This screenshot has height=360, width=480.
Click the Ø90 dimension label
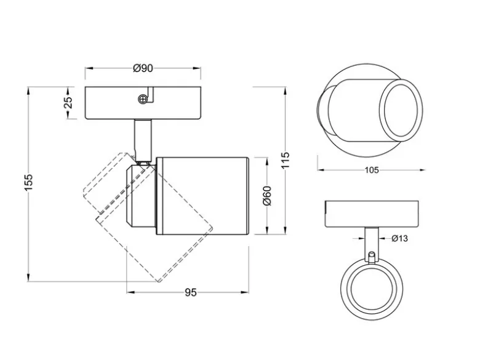pos(143,68)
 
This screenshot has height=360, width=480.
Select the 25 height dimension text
pos(68,103)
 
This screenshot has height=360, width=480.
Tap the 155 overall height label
pos(28,182)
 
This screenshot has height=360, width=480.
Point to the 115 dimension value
pos(286,160)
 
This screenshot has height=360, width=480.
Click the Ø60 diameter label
pos(267,196)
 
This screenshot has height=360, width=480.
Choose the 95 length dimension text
pos(190,293)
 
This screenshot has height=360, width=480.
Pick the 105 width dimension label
pos(372,170)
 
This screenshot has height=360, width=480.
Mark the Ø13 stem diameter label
pos(399,238)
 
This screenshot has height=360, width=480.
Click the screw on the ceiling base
pos(142,99)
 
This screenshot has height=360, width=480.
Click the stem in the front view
pos(371,243)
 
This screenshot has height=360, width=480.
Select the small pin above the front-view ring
pos(372,257)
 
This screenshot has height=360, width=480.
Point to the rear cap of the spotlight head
pos(141,196)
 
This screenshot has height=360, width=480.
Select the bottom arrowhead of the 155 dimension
pos(28,278)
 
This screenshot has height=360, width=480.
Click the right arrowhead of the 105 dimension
pos(422,170)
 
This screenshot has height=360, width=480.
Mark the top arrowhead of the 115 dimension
pos(286,91)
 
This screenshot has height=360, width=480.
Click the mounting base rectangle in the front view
pos(372,214)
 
